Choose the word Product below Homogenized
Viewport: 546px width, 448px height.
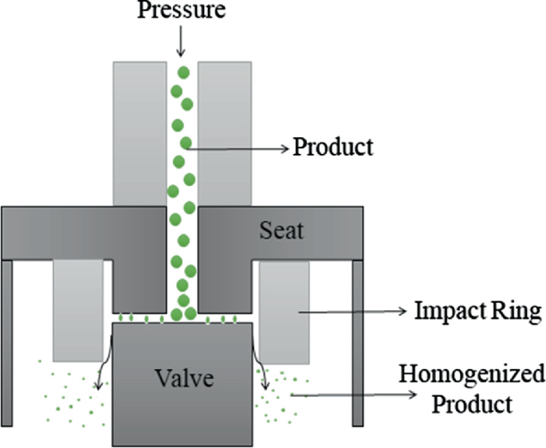pos(471,404)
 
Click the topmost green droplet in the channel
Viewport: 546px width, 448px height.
pos(183,73)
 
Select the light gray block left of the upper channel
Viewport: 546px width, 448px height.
pos(139,132)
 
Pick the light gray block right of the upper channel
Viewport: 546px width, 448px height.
pos(225,132)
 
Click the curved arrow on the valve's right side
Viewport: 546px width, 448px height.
pos(261,363)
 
